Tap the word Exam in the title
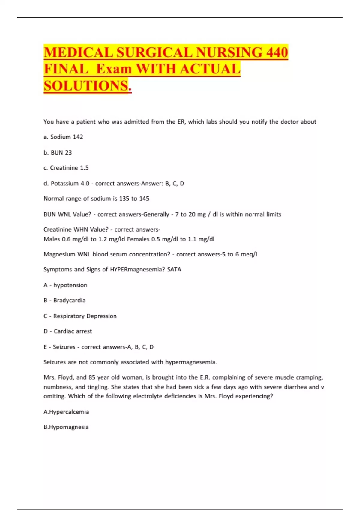tap(114, 69)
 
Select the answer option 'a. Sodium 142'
tap(63, 137)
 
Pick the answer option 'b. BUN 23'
tap(58, 152)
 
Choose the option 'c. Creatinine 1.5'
tap(66, 168)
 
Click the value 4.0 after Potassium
tap(85, 183)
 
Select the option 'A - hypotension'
tap(65, 285)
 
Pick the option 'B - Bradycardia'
tap(64, 300)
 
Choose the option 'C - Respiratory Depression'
tap(80, 316)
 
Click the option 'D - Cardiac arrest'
tap(68, 331)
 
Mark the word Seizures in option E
tap(64, 347)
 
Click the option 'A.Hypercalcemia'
tap(66, 412)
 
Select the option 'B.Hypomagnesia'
tap(66, 427)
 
